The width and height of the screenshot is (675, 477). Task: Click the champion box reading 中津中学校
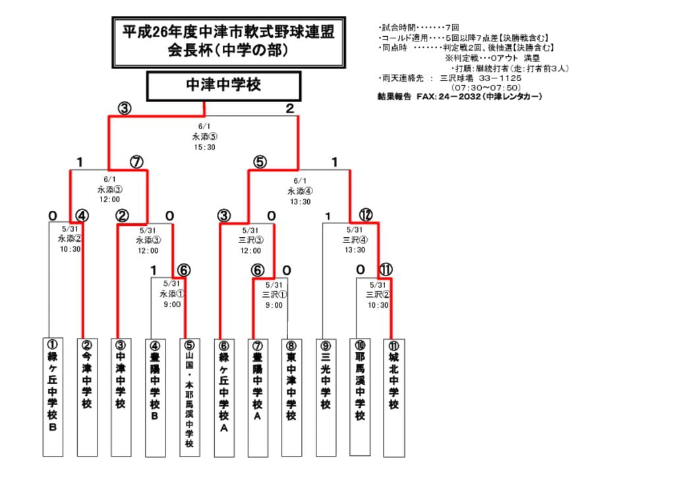223,86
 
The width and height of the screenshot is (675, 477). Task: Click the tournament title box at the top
229,42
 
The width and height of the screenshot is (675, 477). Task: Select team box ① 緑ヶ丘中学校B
53,397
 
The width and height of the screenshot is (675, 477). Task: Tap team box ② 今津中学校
87,397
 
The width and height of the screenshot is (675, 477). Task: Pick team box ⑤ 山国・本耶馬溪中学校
189,397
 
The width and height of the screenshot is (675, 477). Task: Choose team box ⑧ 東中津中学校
291,397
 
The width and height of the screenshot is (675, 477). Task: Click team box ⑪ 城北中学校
394,397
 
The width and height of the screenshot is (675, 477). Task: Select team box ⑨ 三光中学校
326,397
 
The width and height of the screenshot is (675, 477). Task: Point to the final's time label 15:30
204,147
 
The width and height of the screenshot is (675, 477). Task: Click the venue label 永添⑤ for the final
204,137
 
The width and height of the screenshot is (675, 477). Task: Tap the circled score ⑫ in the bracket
366,215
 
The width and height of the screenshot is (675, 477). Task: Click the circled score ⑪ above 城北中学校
386,269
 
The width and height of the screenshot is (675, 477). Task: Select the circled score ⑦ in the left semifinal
136,162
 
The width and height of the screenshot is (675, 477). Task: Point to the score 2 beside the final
289,109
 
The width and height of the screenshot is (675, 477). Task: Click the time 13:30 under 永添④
300,202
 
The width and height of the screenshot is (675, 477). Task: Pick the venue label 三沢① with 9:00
272,295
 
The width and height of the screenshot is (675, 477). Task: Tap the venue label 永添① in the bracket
172,295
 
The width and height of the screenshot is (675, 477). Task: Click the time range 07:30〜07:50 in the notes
486,87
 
